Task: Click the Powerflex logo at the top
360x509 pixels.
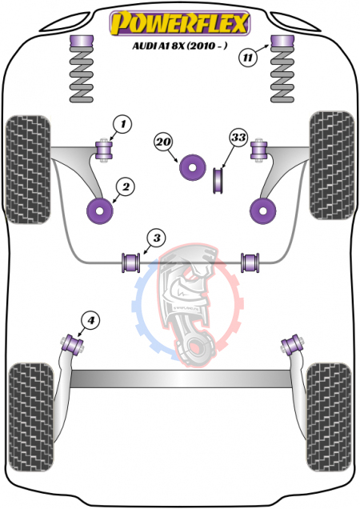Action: coord(180,23)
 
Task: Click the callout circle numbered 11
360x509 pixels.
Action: coord(248,58)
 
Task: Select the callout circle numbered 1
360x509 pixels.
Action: coord(122,124)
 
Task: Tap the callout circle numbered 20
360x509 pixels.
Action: coord(163,142)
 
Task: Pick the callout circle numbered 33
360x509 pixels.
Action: coord(238,138)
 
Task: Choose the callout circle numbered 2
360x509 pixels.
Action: coord(126,186)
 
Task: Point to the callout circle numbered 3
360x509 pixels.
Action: coord(157,238)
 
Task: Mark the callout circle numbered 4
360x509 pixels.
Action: coord(90,321)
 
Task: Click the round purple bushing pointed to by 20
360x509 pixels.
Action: coord(193,167)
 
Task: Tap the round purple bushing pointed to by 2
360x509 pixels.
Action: coord(100,210)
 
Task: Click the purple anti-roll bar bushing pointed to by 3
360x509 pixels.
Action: coord(130,263)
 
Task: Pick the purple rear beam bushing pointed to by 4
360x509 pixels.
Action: coord(74,344)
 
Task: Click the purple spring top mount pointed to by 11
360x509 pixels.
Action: coord(282,41)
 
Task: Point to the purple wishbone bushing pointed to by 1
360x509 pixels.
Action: coord(104,150)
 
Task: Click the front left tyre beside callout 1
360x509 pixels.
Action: coord(28,170)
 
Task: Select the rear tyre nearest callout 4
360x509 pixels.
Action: coord(31,417)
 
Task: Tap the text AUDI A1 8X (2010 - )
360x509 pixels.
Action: coord(180,46)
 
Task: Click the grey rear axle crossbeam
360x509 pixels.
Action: coord(181,379)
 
